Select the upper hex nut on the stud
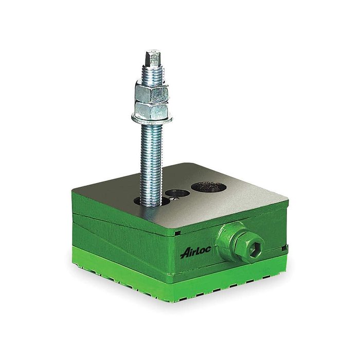(152, 92)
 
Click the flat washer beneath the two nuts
(152, 119)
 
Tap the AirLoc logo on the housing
(195, 252)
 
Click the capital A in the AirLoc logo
(185, 253)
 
